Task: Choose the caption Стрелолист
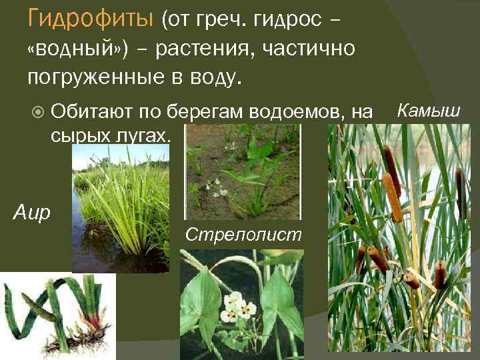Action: [x=243, y=235]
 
